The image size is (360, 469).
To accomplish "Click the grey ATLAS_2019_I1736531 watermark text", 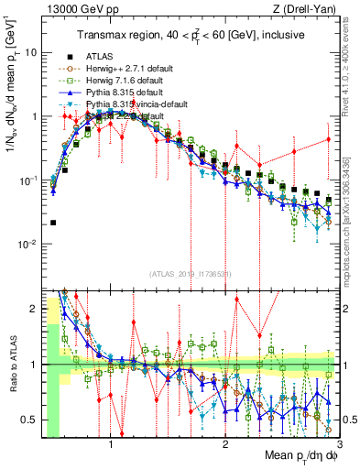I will [189, 275].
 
